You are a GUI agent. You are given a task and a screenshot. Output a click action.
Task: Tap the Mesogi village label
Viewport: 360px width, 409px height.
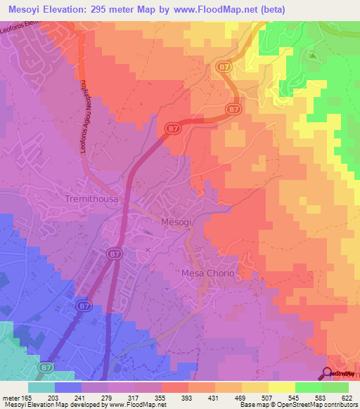(x=176, y=220)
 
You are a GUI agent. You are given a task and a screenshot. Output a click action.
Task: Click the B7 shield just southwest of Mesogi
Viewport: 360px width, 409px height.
(x=114, y=252)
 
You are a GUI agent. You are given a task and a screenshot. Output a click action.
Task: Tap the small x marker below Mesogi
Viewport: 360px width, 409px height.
(x=148, y=249)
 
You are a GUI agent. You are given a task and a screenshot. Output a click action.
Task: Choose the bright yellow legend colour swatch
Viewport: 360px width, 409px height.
(x=282, y=388)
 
